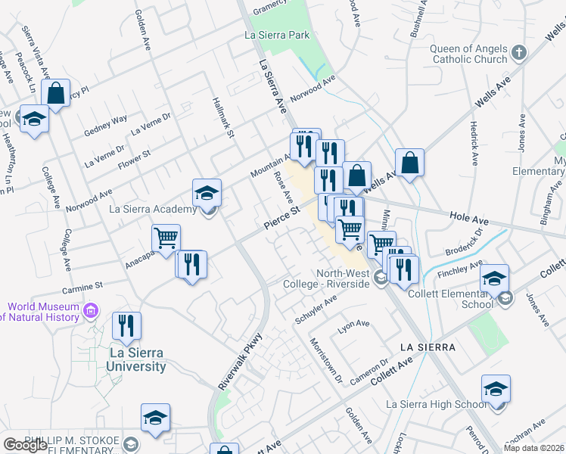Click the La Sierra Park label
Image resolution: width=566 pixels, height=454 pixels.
[x=278, y=35]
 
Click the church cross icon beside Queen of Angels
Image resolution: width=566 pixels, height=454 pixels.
[x=518, y=53]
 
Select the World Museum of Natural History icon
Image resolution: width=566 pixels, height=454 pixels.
[x=92, y=310]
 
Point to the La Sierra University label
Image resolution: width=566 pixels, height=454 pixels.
[x=127, y=359]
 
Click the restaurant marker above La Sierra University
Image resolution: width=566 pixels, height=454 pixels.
[x=126, y=325]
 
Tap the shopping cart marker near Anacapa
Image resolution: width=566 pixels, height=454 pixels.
[x=166, y=238]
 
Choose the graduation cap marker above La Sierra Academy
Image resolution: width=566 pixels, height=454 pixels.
[x=207, y=192]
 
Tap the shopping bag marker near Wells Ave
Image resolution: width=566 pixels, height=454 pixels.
[x=409, y=163]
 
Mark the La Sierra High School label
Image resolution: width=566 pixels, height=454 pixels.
[x=437, y=404]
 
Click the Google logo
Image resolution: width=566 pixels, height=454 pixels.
[x=25, y=445]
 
